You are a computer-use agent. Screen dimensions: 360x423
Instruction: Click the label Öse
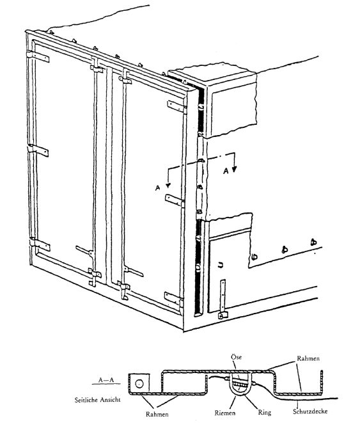pyautogui.click(x=236, y=357)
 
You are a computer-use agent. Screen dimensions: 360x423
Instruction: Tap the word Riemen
pyautogui.click(x=224, y=413)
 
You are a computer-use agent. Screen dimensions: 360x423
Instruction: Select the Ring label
pyautogui.click(x=265, y=413)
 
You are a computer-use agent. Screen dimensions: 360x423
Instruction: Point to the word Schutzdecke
pyautogui.click(x=310, y=411)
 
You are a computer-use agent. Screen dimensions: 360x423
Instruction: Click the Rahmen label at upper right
pyautogui.click(x=308, y=358)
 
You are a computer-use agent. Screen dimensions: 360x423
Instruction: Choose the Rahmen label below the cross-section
pyautogui.click(x=157, y=414)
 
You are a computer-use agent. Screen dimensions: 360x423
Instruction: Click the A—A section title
pyautogui.click(x=106, y=380)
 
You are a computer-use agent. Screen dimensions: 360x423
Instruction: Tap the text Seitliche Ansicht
pyautogui.click(x=98, y=400)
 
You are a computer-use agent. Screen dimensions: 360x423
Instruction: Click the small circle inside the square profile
pyautogui.click(x=139, y=383)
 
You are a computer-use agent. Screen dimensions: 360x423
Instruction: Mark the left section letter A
pyautogui.click(x=158, y=188)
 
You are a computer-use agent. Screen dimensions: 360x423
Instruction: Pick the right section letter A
pyautogui.click(x=226, y=171)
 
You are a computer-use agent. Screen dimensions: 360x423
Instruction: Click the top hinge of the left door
pyautogui.click(x=38, y=57)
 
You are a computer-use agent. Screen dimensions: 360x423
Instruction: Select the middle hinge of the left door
pyautogui.click(x=38, y=150)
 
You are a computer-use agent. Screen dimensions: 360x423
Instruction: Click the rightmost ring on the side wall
pyautogui.click(x=313, y=242)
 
